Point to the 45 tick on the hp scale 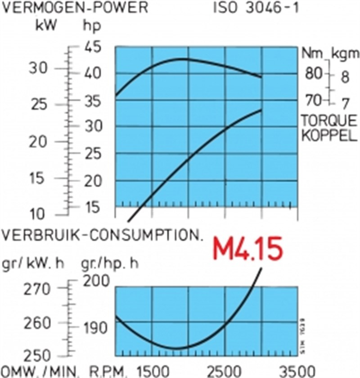[92, 46]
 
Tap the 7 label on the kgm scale [345, 104]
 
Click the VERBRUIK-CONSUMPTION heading [102, 236]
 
